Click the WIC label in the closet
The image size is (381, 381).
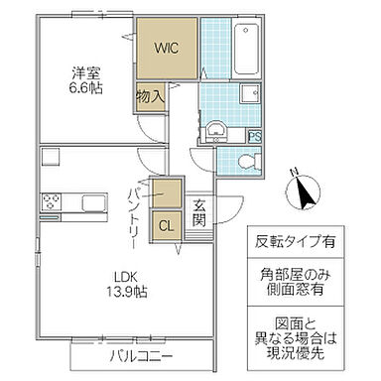coord(166,47)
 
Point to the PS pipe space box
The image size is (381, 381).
coord(255,137)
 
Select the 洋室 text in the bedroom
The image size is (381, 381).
coord(85,72)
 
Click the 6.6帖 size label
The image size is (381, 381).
coord(85,89)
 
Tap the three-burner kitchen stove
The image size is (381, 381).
coord(54,203)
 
